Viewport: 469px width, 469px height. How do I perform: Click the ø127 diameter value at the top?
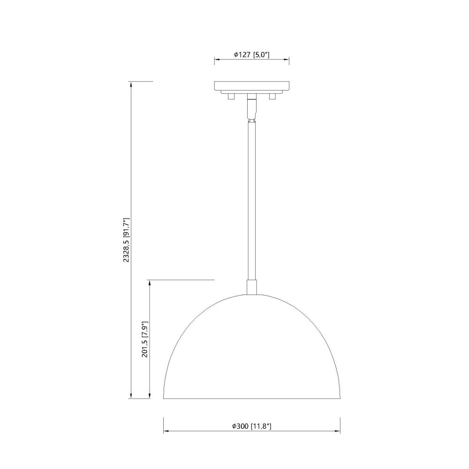[x=242, y=55]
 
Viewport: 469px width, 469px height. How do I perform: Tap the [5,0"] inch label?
[x=261, y=55]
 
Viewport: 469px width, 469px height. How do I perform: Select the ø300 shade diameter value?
[x=241, y=426]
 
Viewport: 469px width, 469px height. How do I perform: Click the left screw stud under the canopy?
[x=231, y=96]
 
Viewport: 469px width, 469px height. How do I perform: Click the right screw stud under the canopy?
[x=272, y=96]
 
